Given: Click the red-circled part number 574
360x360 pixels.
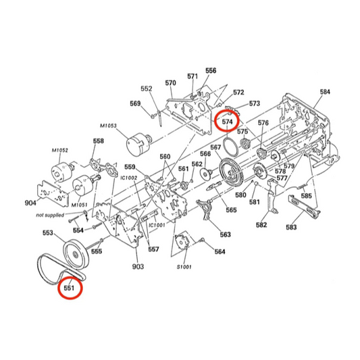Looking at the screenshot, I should click(x=227, y=122).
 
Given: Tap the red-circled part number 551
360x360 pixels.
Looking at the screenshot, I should click(x=69, y=288).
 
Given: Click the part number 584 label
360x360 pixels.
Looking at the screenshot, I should click(x=325, y=92).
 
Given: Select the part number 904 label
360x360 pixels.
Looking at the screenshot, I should click(x=30, y=202).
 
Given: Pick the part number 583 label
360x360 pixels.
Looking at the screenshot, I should click(x=291, y=228).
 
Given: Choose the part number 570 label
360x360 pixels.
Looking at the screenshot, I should click(x=170, y=83).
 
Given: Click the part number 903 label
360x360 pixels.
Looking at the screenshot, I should click(x=138, y=267).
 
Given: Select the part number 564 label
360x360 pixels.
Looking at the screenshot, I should click(x=220, y=252).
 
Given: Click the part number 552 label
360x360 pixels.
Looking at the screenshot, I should click(x=147, y=88).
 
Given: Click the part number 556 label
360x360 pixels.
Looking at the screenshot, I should click(x=211, y=70).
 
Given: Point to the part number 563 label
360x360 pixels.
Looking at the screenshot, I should click(x=225, y=234).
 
